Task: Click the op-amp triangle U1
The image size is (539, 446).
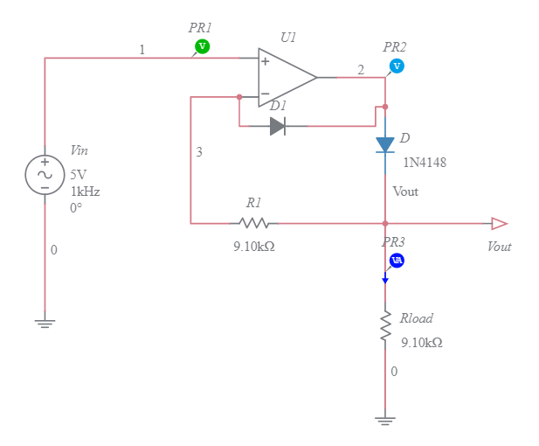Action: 285,77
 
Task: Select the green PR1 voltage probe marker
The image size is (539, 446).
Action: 202,45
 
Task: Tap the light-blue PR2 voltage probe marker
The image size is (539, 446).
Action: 397,66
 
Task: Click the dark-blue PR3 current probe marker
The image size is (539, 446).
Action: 396,261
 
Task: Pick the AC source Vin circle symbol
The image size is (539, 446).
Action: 44,173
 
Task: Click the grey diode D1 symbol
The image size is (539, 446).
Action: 278,126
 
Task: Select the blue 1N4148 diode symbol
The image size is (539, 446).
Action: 385,144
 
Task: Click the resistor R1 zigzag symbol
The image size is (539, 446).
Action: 253,223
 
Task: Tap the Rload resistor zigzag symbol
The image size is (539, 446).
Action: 384,325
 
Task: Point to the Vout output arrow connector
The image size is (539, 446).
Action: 499,223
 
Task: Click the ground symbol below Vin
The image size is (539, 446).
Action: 44,323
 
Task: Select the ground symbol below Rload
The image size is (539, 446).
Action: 384,420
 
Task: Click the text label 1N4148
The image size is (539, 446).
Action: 425,163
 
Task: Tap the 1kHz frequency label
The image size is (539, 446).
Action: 85,191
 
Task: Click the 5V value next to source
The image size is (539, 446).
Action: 79,174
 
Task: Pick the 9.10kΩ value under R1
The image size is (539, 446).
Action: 253,247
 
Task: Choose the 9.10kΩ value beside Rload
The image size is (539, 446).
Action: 421,343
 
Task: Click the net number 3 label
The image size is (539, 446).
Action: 199,152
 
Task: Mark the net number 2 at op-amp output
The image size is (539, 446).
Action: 361,70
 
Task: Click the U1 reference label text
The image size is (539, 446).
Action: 288,38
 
